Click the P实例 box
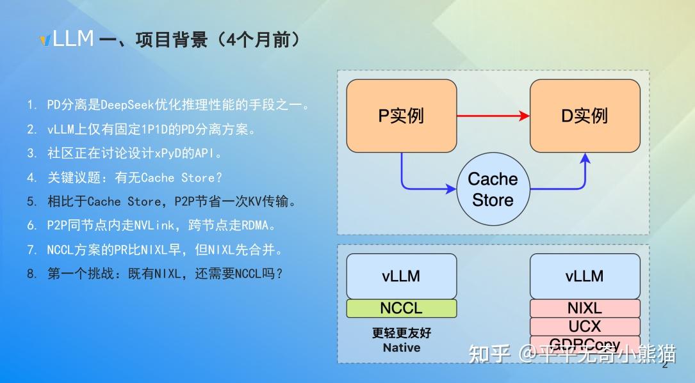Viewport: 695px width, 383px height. click(x=401, y=116)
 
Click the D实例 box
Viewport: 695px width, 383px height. click(x=584, y=116)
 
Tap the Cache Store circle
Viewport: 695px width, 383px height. click(x=493, y=189)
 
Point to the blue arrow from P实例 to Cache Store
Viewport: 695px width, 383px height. click(x=416, y=182)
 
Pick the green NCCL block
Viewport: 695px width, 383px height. click(x=401, y=308)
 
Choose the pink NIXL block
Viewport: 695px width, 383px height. click(x=584, y=308)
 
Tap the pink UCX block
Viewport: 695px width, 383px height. click(x=584, y=327)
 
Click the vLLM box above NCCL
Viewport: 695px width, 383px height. click(x=401, y=276)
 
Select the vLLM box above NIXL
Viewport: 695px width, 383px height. click(x=584, y=276)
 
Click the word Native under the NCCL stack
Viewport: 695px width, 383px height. click(x=402, y=348)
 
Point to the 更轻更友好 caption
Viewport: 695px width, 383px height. click(x=402, y=333)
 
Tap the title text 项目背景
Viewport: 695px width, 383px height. click(x=172, y=40)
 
